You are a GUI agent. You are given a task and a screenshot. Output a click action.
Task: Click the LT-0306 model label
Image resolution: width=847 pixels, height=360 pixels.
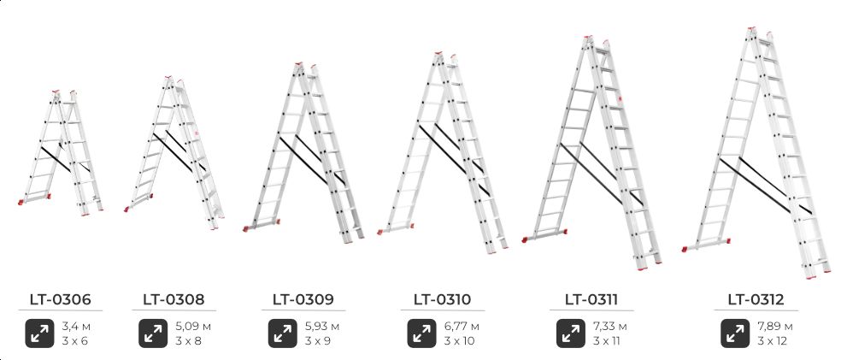click(x=60, y=299)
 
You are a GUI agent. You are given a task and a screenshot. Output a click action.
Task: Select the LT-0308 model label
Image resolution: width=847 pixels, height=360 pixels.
click(x=174, y=299)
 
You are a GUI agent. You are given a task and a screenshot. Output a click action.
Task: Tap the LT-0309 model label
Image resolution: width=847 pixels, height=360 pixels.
click(x=303, y=299)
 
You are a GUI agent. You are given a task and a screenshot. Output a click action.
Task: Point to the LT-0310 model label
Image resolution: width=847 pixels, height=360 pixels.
click(x=443, y=299)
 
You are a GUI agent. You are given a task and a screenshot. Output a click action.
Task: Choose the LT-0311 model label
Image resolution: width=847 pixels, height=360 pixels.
click(x=591, y=299)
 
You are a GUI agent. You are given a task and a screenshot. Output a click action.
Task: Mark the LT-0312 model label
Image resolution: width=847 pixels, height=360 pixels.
click(x=756, y=299)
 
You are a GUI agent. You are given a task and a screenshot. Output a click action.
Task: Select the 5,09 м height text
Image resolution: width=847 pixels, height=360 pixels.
click(x=193, y=327)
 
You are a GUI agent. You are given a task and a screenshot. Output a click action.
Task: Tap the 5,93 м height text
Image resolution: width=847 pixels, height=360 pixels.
click(x=322, y=327)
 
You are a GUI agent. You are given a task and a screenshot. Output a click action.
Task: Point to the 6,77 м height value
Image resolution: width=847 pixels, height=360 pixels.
click(x=462, y=327)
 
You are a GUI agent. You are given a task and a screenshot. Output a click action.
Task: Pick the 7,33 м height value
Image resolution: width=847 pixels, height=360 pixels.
click(x=610, y=327)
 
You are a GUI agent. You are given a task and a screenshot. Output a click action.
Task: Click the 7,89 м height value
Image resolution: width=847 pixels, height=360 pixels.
click(x=775, y=327)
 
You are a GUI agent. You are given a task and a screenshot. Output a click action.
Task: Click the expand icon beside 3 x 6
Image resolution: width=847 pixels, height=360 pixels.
click(x=39, y=333)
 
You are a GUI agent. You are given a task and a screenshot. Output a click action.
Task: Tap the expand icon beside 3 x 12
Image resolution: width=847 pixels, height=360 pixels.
click(x=735, y=333)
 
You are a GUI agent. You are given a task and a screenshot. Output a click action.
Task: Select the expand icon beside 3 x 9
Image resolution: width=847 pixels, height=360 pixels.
click(x=283, y=333)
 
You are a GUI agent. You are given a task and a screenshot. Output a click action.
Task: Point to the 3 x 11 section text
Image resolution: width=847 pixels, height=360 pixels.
click(x=605, y=341)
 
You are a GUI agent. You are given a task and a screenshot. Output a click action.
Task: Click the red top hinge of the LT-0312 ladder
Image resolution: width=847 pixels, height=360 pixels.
click(x=752, y=29)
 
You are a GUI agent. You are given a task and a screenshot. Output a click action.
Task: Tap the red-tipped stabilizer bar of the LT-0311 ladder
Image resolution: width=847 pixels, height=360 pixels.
click(x=545, y=236)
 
